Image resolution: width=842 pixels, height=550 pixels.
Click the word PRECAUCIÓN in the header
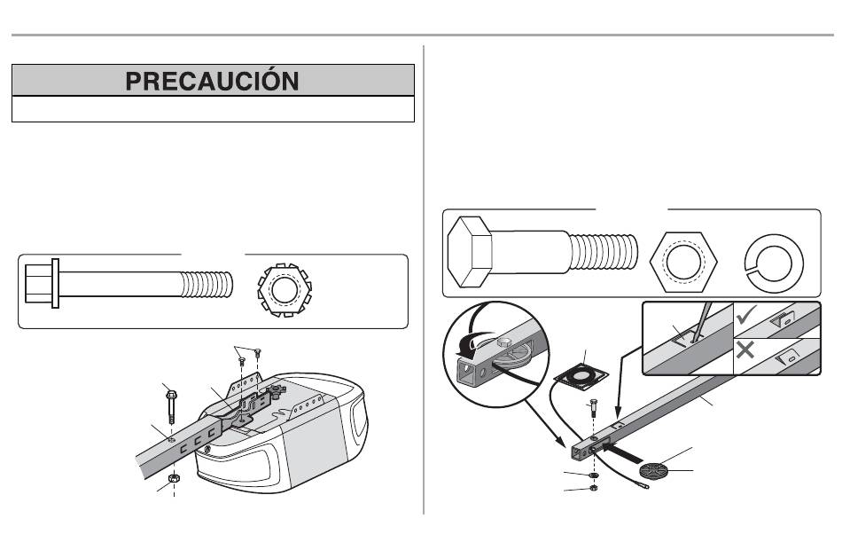pyautogui.click(x=213, y=81)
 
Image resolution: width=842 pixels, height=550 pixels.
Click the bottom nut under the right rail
pyautogui.click(x=592, y=487)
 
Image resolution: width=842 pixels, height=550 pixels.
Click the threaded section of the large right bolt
pyautogui.click(x=604, y=251)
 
